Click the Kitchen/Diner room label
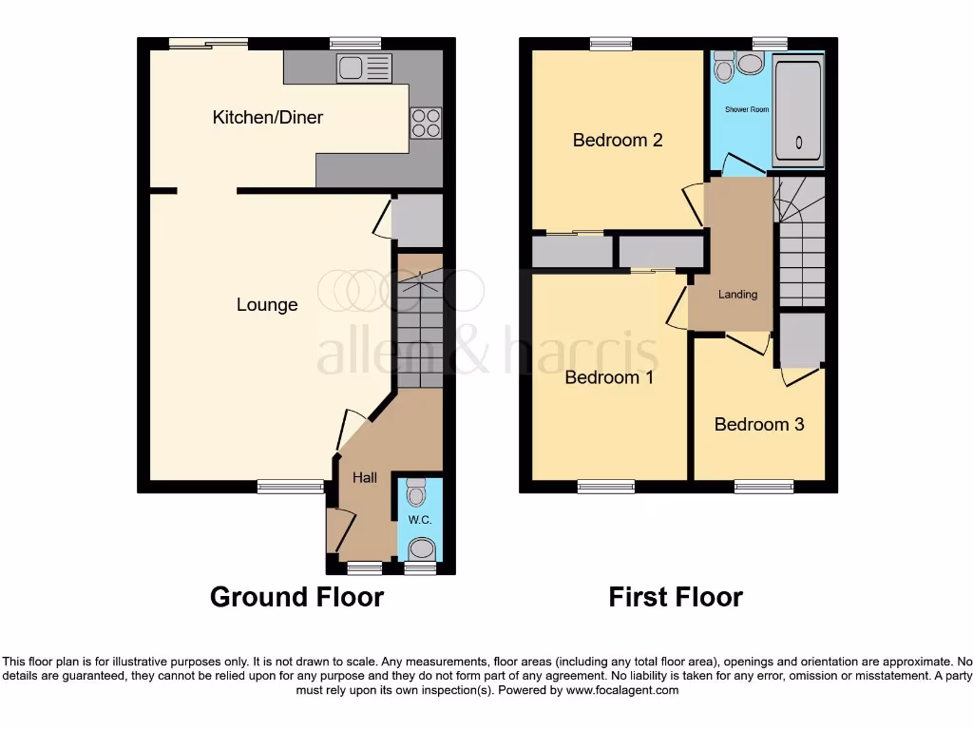[x=267, y=118]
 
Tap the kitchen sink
[x=364, y=67]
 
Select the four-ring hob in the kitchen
[x=426, y=124]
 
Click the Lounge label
[x=267, y=305]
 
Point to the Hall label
[x=365, y=477]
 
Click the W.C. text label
[x=419, y=520]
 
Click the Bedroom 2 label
[x=617, y=141]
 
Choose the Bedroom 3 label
[x=759, y=424]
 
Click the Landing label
[x=737, y=295]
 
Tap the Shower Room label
[x=747, y=110]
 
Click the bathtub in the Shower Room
[x=797, y=109]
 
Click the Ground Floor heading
[x=296, y=597]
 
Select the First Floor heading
[x=676, y=597]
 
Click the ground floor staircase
[x=419, y=328]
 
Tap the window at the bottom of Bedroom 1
[x=606, y=487]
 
